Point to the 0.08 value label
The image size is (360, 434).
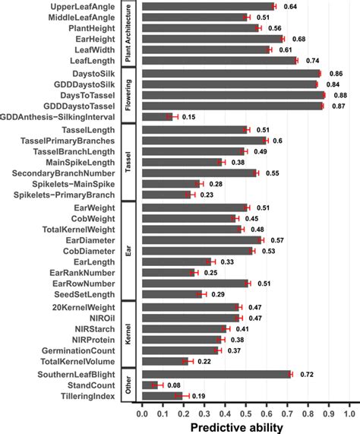pos(173,385)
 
